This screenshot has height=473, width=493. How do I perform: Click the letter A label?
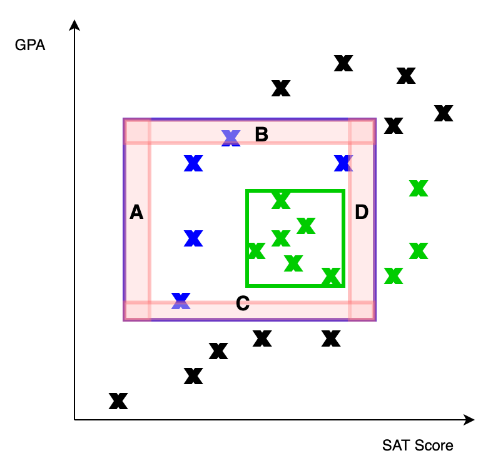136,213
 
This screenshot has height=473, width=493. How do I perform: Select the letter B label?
262,135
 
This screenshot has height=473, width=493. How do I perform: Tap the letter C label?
243,304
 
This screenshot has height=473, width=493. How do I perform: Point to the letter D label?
362,213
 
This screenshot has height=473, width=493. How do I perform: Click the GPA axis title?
30,46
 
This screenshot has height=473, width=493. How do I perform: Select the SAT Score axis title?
417,445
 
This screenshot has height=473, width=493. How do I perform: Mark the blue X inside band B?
231,138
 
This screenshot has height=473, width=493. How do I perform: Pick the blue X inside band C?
181,301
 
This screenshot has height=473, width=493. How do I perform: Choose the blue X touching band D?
343,163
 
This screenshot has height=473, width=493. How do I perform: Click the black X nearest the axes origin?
118,401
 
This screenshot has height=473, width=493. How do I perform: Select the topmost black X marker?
343,63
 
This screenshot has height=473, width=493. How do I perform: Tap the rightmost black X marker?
444,113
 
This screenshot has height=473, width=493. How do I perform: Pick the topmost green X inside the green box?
281,201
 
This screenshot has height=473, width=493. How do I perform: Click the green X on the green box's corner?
331,276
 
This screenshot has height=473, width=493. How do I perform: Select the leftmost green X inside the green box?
255,251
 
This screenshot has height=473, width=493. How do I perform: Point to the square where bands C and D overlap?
361,310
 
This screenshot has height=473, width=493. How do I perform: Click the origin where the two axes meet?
74,420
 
